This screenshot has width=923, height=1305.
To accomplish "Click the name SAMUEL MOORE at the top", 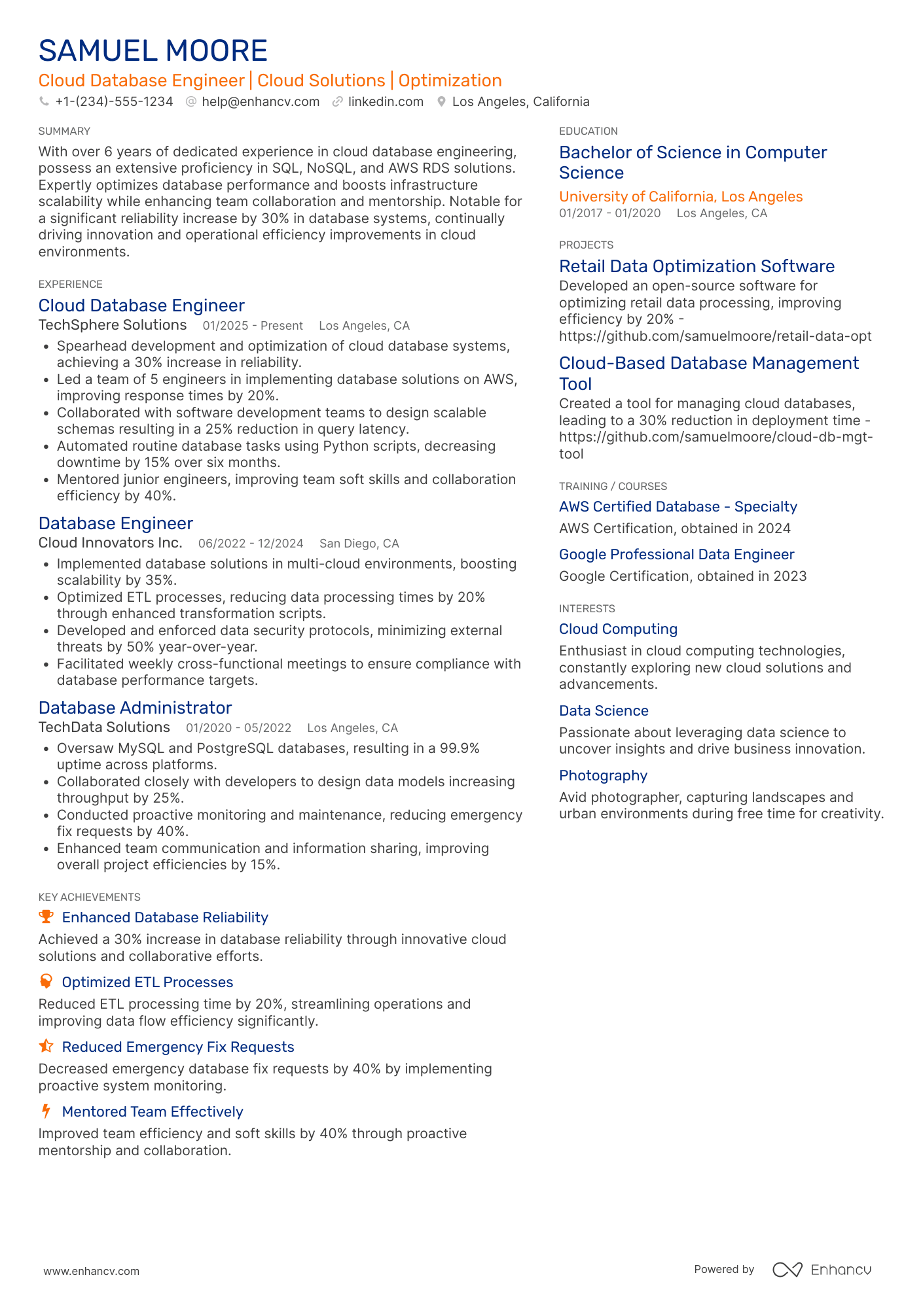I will click(x=153, y=51).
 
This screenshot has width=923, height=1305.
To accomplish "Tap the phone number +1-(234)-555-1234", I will click(x=114, y=101).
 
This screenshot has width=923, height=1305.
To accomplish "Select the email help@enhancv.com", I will click(x=261, y=101).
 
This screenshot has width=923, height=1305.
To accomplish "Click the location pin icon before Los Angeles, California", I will click(x=441, y=101).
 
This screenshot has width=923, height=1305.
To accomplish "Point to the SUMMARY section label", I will click(x=64, y=131).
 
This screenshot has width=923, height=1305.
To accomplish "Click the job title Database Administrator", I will click(x=135, y=708).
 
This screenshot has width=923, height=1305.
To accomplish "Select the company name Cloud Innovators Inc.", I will click(x=110, y=543).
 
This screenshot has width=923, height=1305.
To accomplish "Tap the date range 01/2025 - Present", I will click(x=252, y=326).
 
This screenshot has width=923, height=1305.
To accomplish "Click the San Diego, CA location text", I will click(x=359, y=544).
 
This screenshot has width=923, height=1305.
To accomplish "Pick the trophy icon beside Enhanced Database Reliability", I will click(x=46, y=917).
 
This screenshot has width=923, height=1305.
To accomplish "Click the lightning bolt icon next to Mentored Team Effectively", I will click(x=46, y=1111).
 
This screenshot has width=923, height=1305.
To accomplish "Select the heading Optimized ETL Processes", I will click(x=147, y=982).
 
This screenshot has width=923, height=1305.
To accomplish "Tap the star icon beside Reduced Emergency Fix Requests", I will click(x=46, y=1047).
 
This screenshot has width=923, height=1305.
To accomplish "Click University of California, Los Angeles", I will click(x=681, y=196).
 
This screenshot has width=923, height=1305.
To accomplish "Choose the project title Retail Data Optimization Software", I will click(x=697, y=266).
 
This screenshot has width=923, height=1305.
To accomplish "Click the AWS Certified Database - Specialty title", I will click(x=678, y=506).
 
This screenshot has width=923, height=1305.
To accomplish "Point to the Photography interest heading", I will click(x=603, y=775).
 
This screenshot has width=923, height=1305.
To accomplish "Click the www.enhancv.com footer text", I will click(x=92, y=1271).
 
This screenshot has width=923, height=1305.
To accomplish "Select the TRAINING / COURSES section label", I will click(x=613, y=486).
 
